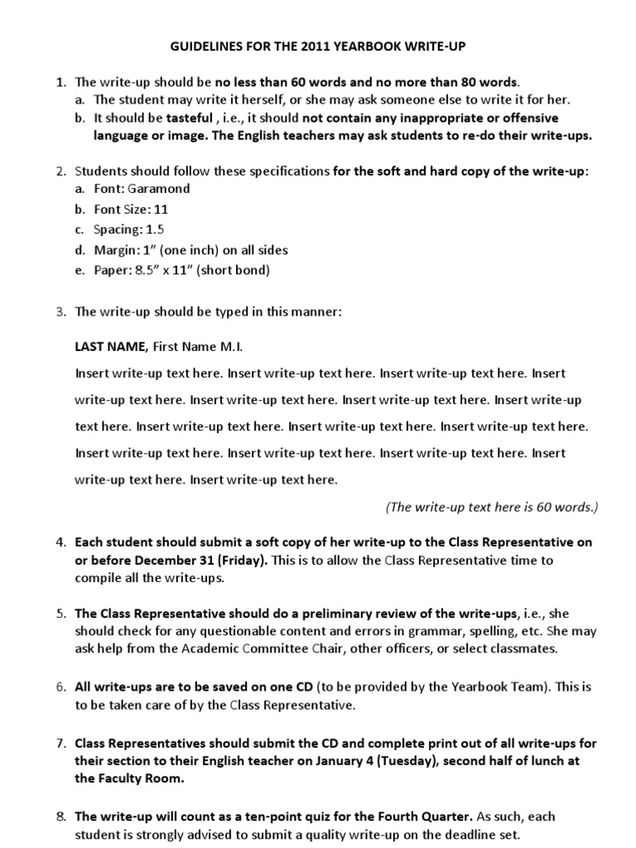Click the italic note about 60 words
[492, 506]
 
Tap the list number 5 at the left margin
[60, 614]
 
